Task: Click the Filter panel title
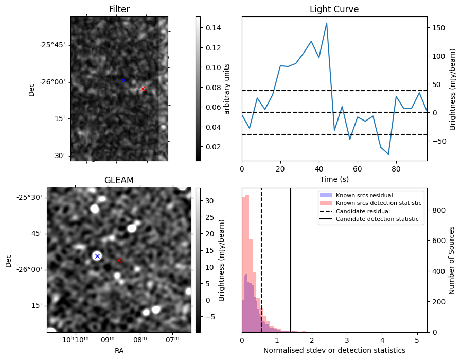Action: click(119, 9)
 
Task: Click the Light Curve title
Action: click(334, 9)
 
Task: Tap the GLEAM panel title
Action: click(119, 180)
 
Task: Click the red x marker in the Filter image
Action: click(143, 89)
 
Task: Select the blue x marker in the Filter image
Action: click(123, 80)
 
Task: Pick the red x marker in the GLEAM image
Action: click(119, 261)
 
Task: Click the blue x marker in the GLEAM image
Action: click(97, 256)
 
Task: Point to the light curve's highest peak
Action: click(327, 23)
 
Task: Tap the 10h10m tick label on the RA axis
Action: click(76, 340)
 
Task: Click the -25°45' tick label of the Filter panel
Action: click(53, 45)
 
